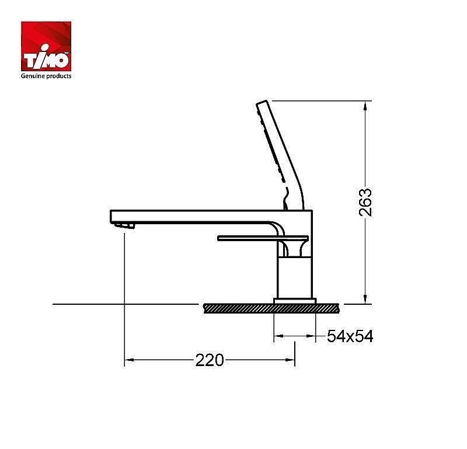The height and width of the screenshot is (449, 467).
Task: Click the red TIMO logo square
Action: pyautogui.click(x=46, y=46)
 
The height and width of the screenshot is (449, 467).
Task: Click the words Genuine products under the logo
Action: pyautogui.click(x=46, y=76)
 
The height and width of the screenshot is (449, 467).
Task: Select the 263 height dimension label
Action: pyautogui.click(x=365, y=202)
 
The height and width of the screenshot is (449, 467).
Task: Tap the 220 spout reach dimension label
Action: pyautogui.click(x=210, y=360)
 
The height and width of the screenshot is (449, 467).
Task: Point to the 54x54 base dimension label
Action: pyautogui.click(x=350, y=336)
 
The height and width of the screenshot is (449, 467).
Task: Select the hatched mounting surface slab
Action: pyautogui.click(x=271, y=308)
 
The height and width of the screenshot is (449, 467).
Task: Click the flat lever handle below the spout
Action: pyautogui.click(x=263, y=238)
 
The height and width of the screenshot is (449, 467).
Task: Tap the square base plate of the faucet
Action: pyautogui.click(x=295, y=301)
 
